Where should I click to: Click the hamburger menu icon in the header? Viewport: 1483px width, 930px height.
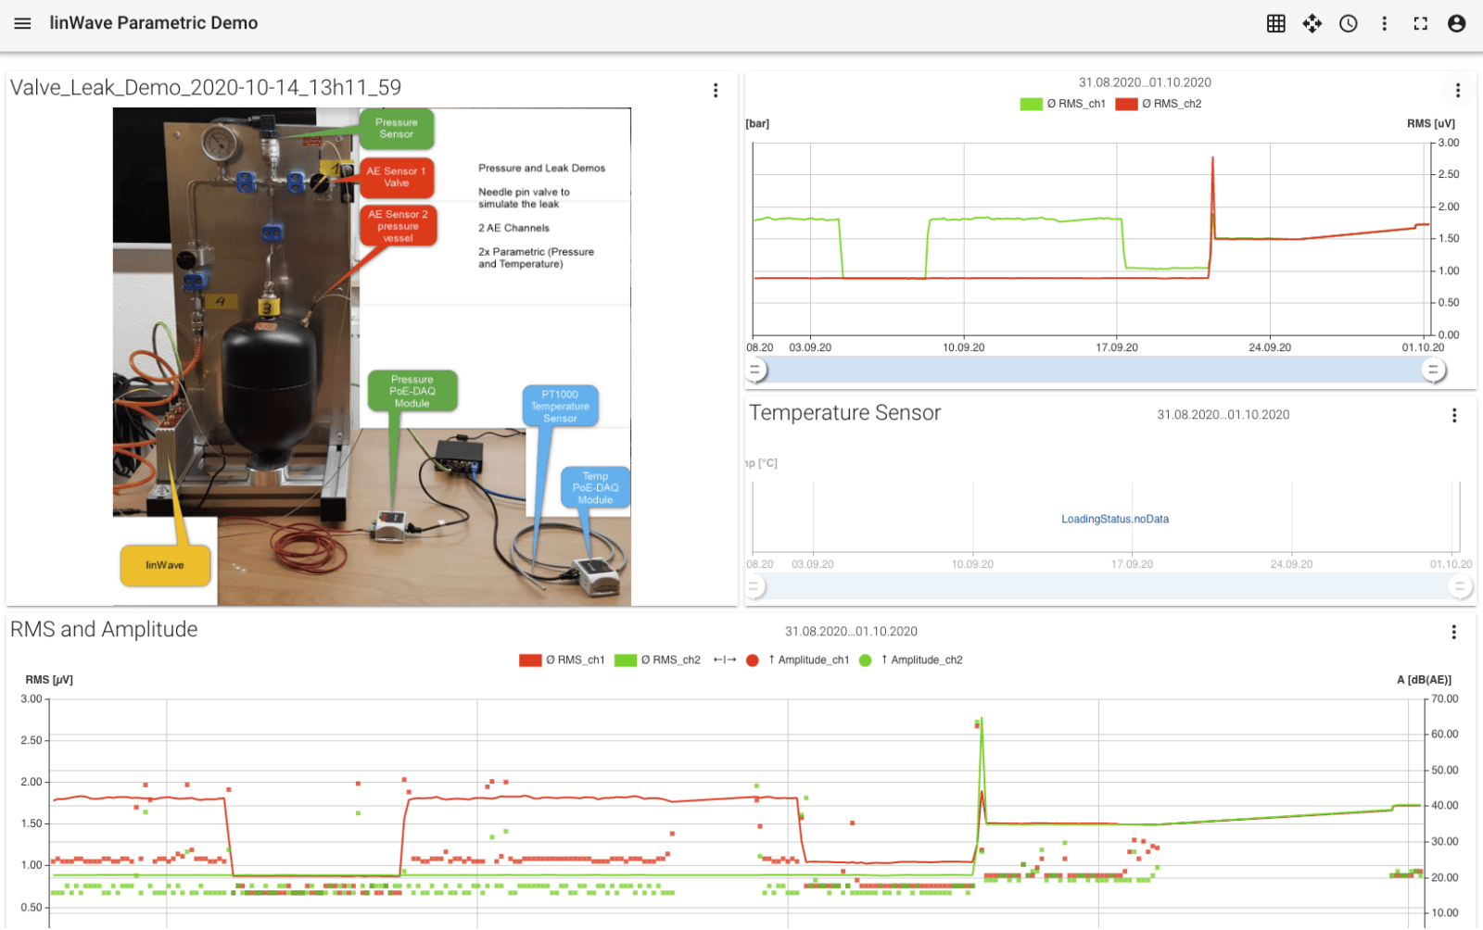click(22, 24)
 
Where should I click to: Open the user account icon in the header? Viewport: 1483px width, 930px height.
click(1456, 24)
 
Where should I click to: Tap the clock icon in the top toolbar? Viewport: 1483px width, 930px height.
click(1348, 24)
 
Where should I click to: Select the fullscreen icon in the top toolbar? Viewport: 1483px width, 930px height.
click(1420, 24)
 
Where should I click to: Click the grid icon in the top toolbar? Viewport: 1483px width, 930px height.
click(1275, 24)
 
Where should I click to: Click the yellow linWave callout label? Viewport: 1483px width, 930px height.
click(165, 565)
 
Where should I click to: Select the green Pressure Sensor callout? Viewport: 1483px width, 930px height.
click(397, 129)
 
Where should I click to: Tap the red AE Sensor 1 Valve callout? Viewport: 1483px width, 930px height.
click(397, 177)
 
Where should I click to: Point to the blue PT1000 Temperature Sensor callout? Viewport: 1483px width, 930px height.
click(560, 406)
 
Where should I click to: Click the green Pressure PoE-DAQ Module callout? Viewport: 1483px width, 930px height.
click(412, 391)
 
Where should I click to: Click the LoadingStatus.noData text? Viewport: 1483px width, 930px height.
click(1115, 520)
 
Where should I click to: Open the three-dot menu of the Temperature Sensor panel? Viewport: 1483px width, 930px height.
click(1454, 415)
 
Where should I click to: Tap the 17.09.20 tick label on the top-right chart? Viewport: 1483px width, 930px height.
click(1117, 347)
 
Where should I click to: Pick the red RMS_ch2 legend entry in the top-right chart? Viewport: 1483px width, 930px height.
click(1159, 104)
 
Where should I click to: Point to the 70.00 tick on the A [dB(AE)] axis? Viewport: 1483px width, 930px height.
click(1445, 699)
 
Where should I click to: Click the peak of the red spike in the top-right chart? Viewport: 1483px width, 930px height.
click(1212, 157)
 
